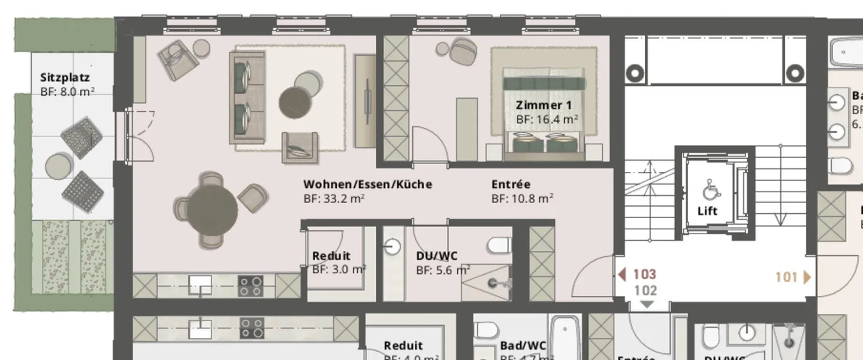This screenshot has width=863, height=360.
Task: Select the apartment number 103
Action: pos(644,275)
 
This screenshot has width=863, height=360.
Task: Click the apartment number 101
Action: pos(786,277)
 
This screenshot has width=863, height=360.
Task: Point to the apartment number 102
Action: pos(645,291)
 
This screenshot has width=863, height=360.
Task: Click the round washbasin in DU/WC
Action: pos(393,246)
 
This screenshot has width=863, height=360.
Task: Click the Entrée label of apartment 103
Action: pos(511,184)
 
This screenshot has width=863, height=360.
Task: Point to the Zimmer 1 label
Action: pos(539,105)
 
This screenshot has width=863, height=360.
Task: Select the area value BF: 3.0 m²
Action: pos(339,270)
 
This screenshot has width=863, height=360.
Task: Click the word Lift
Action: pos(707,211)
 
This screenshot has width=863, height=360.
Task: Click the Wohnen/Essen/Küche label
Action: pos(367,184)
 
